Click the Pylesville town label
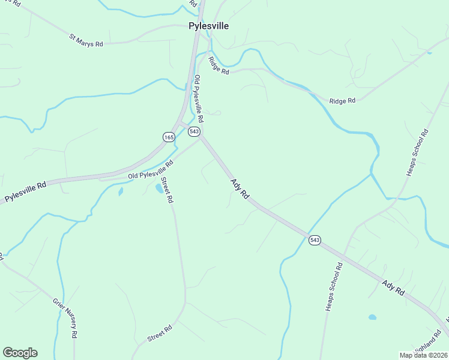pos(208,26)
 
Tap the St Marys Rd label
pos(86,40)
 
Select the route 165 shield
pos(169,137)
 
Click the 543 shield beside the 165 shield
pos(194,131)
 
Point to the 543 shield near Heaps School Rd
pos(315,240)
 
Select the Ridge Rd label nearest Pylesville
pos(218,65)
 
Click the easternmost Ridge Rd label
pos(342,100)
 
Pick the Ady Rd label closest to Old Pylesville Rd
pos(240,190)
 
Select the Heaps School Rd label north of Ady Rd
pos(418,153)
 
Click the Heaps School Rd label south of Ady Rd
pos(334,287)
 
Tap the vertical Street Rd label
pos(167,191)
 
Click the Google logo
pos(20,353)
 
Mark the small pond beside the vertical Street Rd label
pos(159,188)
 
